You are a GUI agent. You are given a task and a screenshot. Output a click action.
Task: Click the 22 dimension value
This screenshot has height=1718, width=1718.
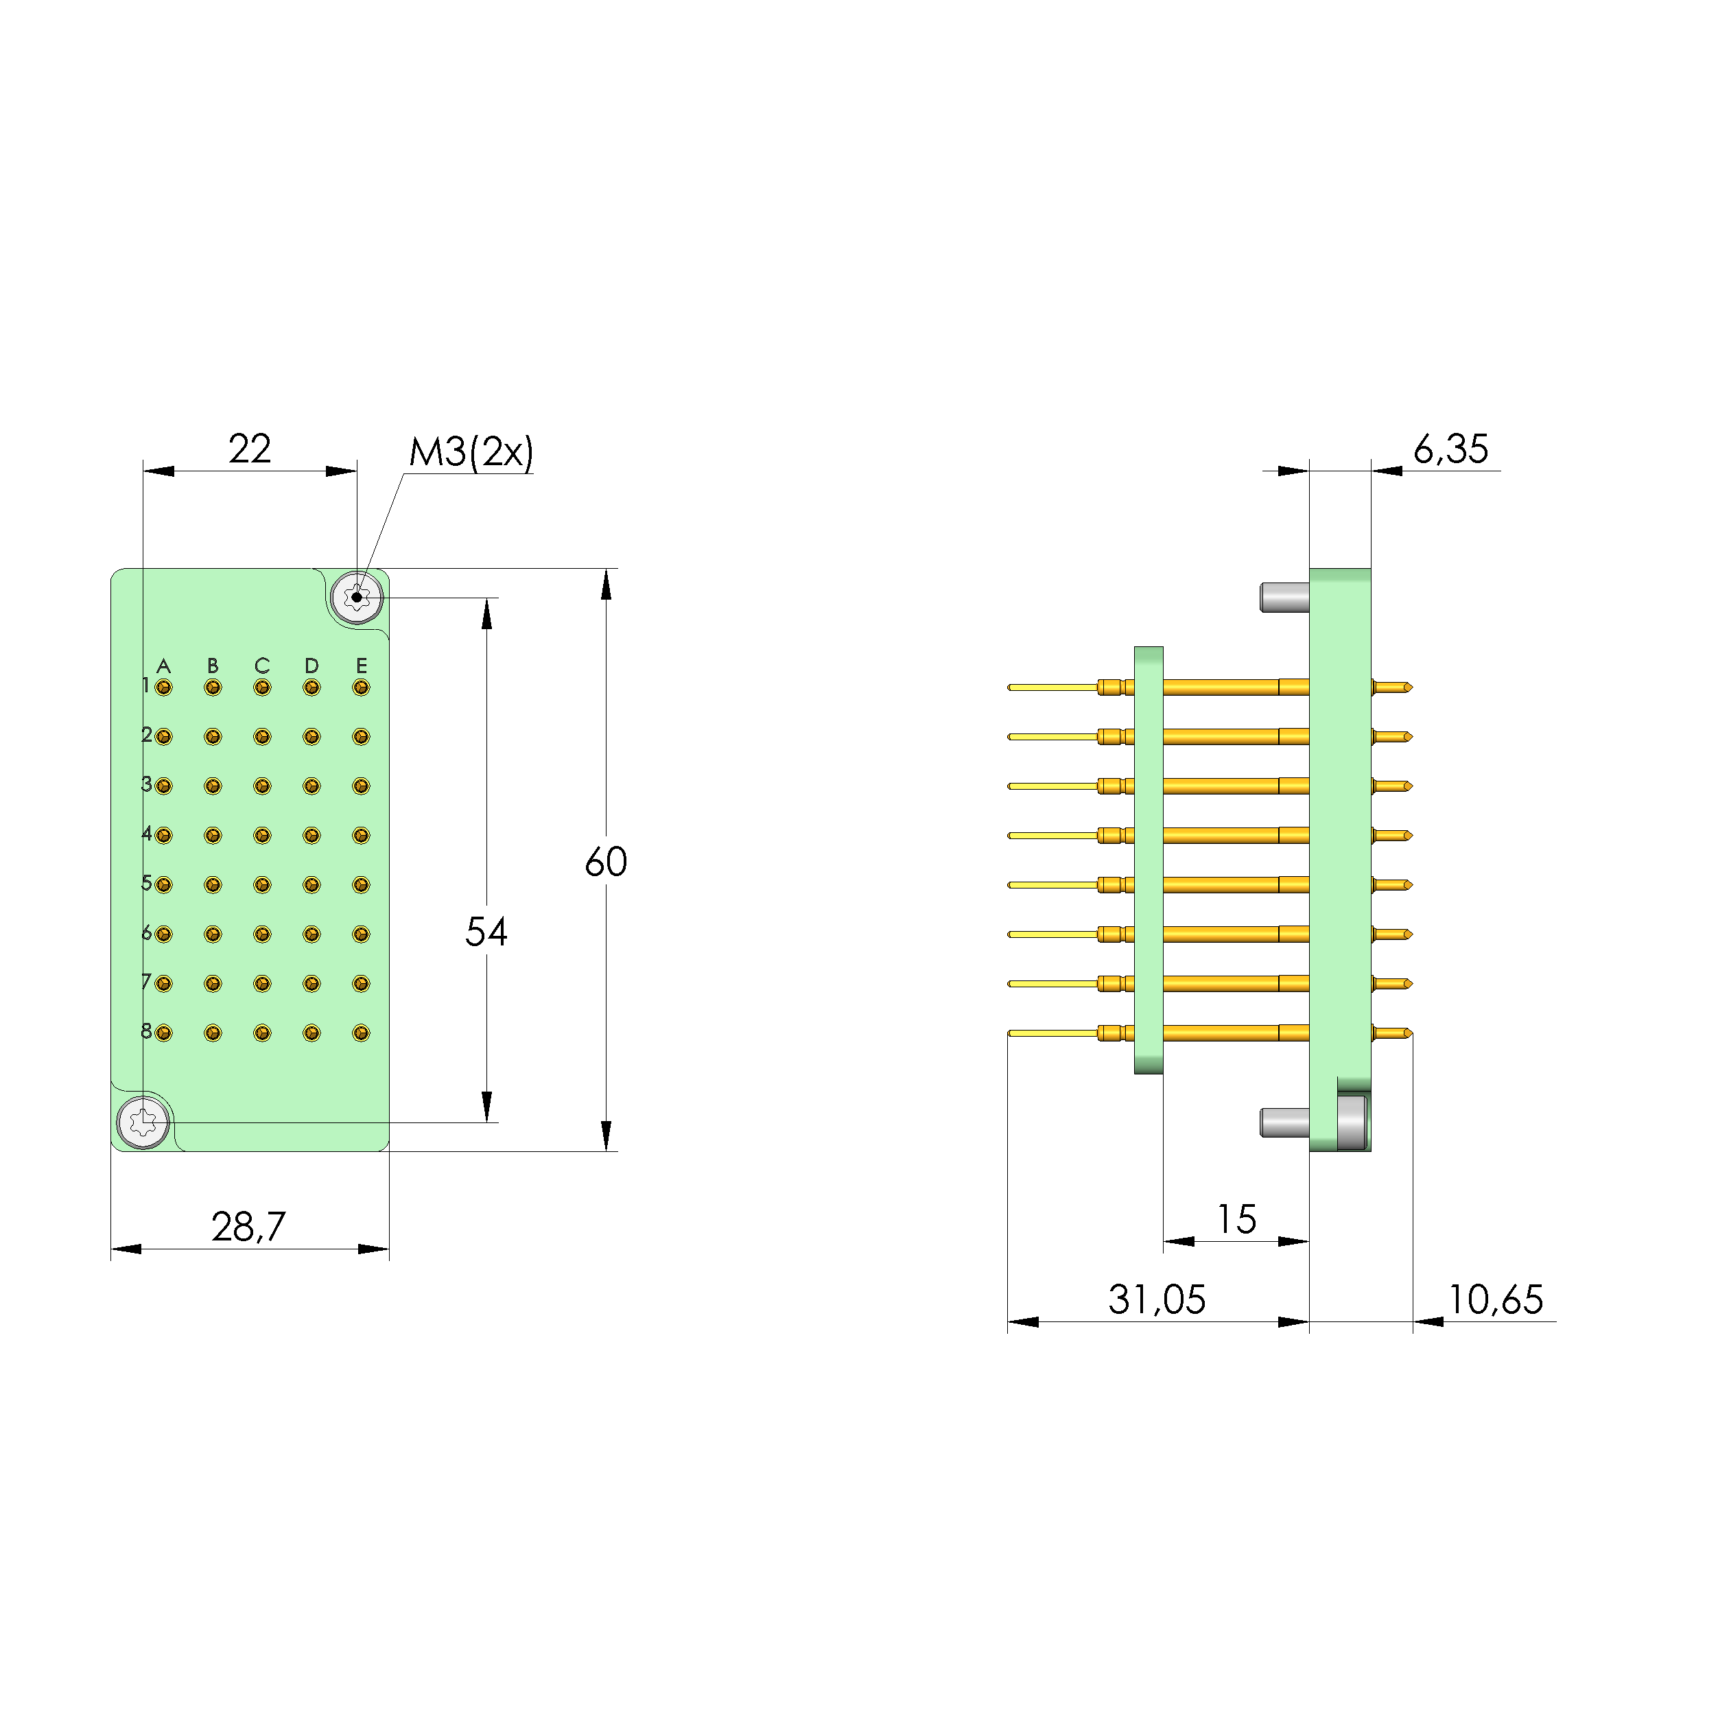(249, 449)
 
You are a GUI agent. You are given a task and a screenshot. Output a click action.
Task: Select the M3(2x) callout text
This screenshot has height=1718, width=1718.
(471, 453)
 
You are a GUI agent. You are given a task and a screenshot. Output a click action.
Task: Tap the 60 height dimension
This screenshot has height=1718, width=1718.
(606, 862)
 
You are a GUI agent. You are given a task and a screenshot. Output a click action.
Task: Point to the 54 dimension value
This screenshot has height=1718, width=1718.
(486, 932)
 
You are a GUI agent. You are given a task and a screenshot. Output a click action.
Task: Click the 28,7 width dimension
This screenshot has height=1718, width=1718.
(248, 1227)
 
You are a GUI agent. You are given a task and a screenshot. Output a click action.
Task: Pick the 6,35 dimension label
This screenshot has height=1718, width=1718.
(1450, 449)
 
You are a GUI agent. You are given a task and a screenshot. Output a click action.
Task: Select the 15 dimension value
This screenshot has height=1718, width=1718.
(1236, 1219)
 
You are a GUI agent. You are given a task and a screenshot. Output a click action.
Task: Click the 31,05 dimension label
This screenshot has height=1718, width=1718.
(1156, 1300)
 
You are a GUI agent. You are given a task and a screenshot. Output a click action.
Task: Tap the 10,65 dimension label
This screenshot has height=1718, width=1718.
(1496, 1300)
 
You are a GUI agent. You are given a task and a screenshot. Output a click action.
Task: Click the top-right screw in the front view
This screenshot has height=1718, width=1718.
(357, 598)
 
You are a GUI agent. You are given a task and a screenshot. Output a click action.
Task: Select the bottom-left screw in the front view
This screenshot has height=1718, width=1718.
(143, 1122)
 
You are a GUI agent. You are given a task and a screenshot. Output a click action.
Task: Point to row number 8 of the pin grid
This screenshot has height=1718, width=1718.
(146, 1031)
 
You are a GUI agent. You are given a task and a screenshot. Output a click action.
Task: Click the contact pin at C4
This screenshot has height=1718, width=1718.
(261, 836)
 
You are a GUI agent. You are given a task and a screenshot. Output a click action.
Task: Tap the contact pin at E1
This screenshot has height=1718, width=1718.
(360, 687)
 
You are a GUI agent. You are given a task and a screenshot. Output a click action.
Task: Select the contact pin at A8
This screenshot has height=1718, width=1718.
(163, 1033)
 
